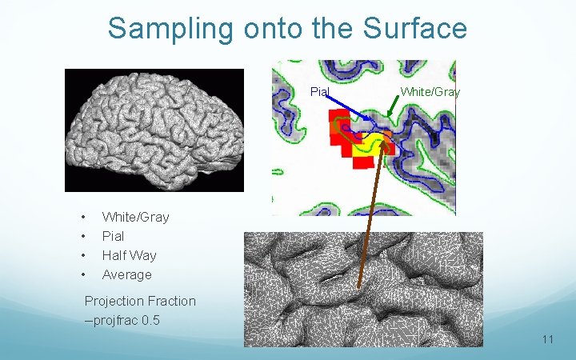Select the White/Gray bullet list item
(x=135, y=217)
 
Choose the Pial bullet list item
(x=113, y=236)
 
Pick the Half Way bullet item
(x=129, y=255)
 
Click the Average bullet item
(x=126, y=274)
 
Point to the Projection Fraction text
(x=140, y=301)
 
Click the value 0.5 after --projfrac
(x=150, y=319)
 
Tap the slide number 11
(x=547, y=339)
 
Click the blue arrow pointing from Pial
(x=347, y=109)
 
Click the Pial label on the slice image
(x=319, y=91)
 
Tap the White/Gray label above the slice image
(x=430, y=91)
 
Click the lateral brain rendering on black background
(x=154, y=130)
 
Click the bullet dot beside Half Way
(x=83, y=256)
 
